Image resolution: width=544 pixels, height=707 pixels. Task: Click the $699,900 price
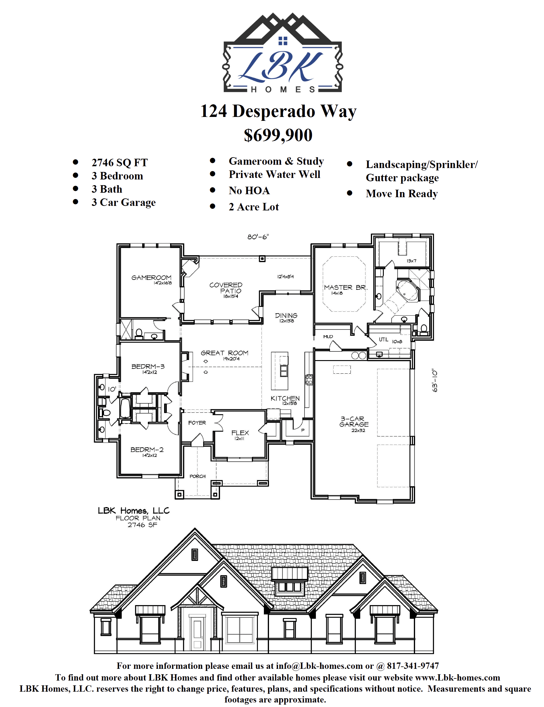(x=278, y=135)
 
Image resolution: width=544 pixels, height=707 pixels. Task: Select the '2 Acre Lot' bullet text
(x=254, y=207)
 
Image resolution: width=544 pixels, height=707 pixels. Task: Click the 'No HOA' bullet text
(x=249, y=191)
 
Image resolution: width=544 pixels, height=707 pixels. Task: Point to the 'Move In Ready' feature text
(x=402, y=194)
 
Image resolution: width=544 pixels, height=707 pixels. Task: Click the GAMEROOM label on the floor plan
(x=151, y=277)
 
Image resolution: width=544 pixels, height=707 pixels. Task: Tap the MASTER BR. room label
(x=346, y=287)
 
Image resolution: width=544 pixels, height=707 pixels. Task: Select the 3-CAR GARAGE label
(x=354, y=421)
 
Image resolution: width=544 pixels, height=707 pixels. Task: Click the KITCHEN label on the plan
(x=285, y=398)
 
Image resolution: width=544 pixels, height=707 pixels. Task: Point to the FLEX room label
(x=240, y=433)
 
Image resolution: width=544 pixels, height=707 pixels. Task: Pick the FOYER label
(x=197, y=422)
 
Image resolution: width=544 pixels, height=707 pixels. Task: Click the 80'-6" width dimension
(x=258, y=237)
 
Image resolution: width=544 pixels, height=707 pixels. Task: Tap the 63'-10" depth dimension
(x=435, y=380)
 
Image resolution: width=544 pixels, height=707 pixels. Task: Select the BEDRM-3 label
(x=148, y=366)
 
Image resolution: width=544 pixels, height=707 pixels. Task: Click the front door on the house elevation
(x=197, y=633)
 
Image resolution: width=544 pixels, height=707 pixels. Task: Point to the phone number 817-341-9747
(x=413, y=666)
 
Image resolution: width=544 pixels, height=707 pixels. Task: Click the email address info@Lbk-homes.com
(x=319, y=666)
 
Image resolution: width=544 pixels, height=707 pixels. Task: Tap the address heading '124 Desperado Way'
(x=278, y=111)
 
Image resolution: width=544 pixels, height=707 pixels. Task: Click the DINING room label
(x=286, y=315)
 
